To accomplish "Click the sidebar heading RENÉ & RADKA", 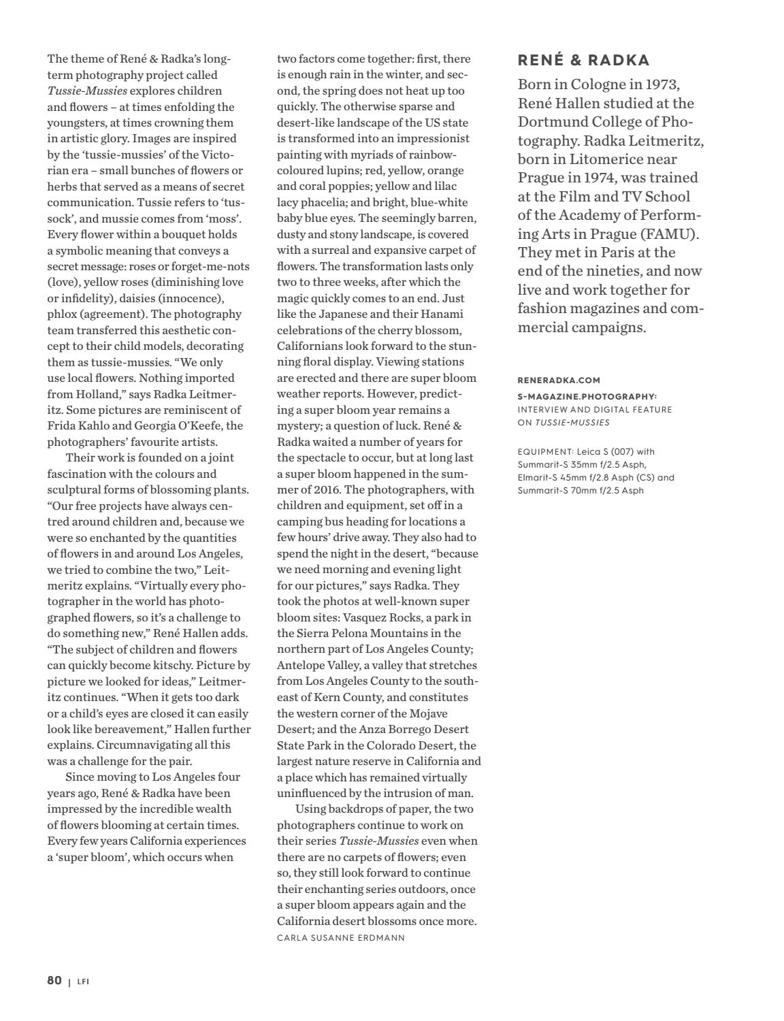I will click(x=583, y=61).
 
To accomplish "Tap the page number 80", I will click(x=54, y=981).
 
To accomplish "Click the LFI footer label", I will click(x=83, y=982).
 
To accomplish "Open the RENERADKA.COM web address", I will click(x=559, y=380).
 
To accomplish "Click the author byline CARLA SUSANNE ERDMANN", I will click(x=340, y=938).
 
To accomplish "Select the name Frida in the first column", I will click(x=63, y=426).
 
